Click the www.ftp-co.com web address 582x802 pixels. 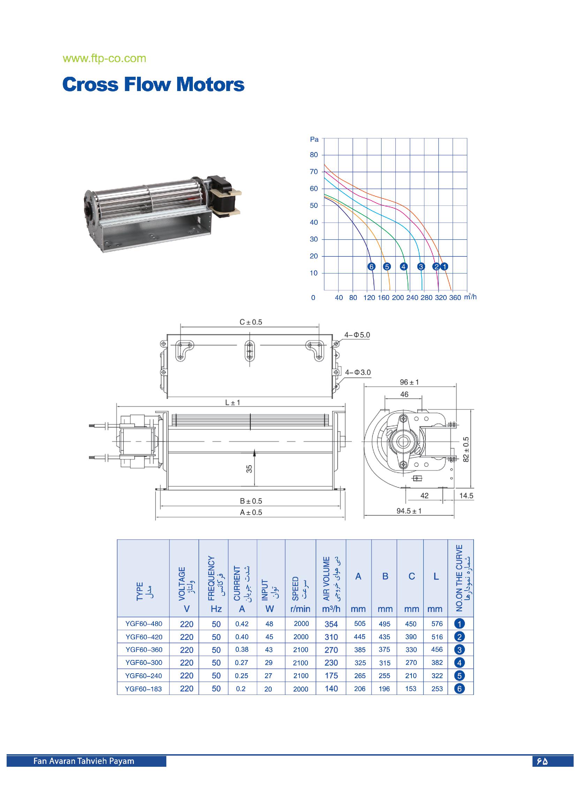coord(104,58)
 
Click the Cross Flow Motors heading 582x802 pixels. coord(153,84)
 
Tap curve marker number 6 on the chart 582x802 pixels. coord(371,267)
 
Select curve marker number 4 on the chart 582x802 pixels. coord(403,267)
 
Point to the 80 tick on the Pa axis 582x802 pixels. coord(314,155)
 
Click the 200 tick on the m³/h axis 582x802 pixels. coord(398,298)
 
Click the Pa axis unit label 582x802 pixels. coord(314,139)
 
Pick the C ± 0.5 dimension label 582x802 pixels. coord(251,322)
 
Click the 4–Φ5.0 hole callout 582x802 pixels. coord(357,335)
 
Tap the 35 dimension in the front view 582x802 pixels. coord(250,469)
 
